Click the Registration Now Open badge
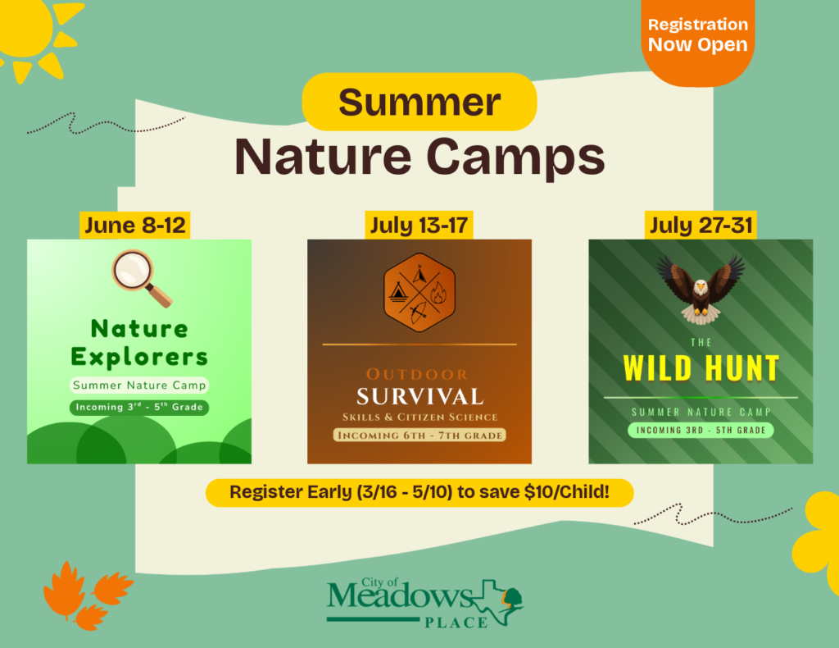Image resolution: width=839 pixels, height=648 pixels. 698,39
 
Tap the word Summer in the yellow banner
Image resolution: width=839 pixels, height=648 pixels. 419,102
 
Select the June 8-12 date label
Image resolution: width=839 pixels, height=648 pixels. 135,225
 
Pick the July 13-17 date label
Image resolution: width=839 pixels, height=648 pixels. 419,225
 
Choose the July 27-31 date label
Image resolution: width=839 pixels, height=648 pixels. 701,225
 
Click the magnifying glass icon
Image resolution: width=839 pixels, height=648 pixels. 141,278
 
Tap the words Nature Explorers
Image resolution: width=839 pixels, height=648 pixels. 139,343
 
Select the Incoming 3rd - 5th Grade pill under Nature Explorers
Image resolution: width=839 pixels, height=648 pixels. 139,407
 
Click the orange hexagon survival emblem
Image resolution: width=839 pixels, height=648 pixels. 419,292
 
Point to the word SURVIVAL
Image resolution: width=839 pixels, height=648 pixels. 420,397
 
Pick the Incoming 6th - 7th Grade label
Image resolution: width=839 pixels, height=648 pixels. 419,436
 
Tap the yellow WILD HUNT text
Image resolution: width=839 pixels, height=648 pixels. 701,368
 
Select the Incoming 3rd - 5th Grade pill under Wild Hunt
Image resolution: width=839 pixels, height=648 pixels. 701,430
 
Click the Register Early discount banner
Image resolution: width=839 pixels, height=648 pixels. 419,492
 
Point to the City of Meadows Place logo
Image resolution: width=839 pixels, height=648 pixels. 425,603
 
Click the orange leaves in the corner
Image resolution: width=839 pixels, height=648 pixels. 85,595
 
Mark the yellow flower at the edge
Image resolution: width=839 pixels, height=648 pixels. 817,541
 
